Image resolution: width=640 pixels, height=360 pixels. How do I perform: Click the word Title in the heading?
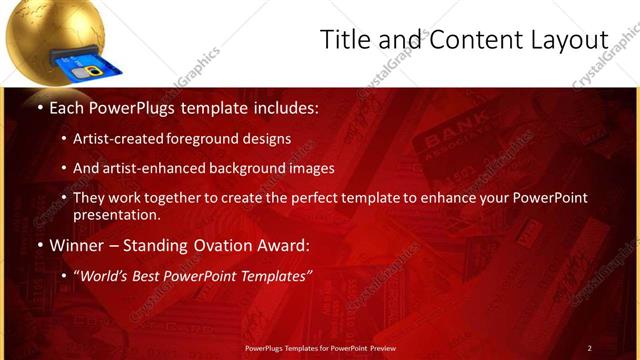pyautogui.click(x=345, y=39)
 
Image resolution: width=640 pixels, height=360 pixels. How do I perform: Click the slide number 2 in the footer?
pyautogui.click(x=589, y=348)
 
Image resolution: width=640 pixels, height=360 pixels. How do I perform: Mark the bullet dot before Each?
pyautogui.click(x=39, y=106)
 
